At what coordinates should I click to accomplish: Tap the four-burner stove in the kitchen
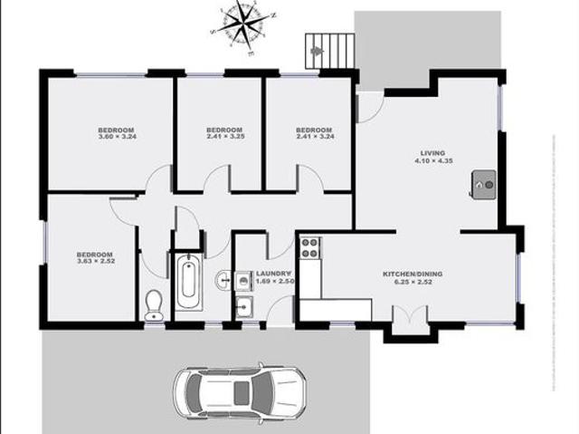pyautogui.click(x=309, y=247)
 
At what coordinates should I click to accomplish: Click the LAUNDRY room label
pyautogui.click(x=273, y=274)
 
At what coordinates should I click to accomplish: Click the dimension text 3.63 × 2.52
pyautogui.click(x=94, y=262)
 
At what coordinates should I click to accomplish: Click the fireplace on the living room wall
pyautogui.click(x=483, y=184)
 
